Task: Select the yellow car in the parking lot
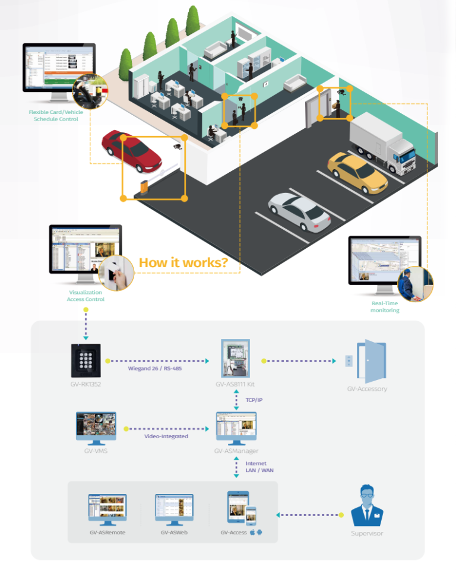(357, 173)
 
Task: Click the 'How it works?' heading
(183, 262)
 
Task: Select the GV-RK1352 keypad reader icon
(87, 360)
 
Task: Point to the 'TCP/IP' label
(254, 400)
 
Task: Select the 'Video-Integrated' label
(166, 436)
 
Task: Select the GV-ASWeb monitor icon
(174, 509)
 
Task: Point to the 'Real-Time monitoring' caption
(385, 306)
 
